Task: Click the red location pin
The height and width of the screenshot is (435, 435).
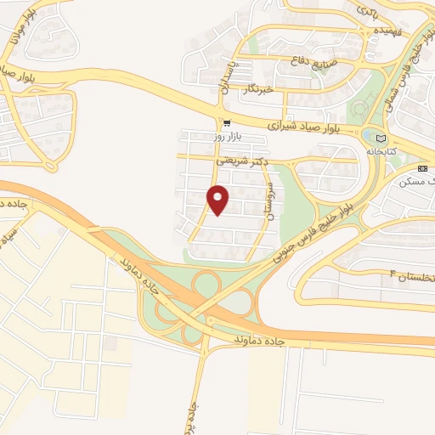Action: (x=218, y=199)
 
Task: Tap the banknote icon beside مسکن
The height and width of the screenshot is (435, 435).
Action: (x=422, y=169)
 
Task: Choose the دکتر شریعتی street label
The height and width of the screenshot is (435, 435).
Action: (x=242, y=159)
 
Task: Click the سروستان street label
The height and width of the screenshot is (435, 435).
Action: (x=270, y=202)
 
